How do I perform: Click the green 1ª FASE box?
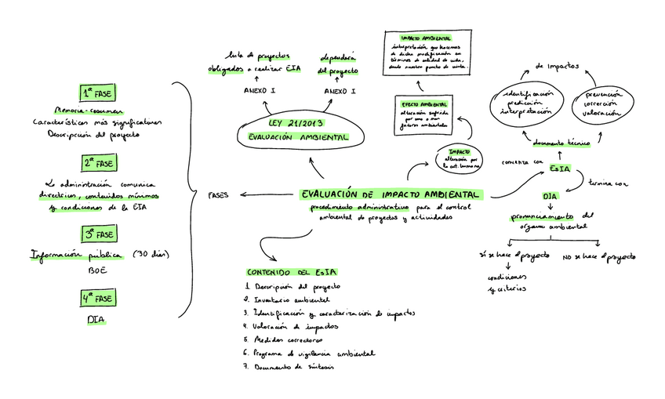98,92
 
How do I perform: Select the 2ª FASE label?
98,163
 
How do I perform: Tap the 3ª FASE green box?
98,234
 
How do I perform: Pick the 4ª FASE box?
98,299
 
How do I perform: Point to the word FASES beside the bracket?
218,195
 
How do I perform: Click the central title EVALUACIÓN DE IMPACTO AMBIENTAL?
391,194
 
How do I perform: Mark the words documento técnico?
561,144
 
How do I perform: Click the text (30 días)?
151,254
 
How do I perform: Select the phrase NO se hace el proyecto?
599,256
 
